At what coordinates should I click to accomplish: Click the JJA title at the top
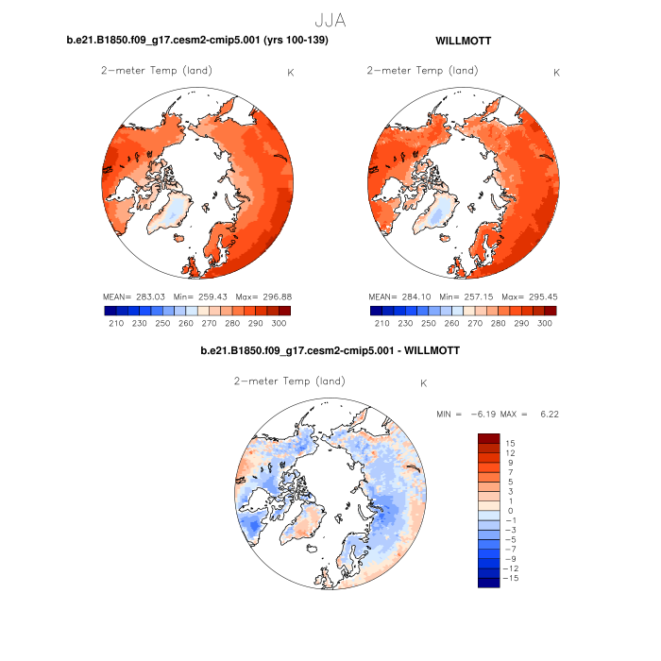pos(330,19)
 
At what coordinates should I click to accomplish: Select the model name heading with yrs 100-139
pos(197,42)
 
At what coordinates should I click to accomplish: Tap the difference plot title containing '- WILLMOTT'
pos(330,351)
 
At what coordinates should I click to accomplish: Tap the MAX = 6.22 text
pos(534,415)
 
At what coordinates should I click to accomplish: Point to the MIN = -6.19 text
pos(466,415)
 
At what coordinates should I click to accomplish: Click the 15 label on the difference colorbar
pos(510,443)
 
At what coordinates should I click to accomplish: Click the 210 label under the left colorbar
pos(117,323)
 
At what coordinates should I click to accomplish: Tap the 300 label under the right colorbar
pos(545,323)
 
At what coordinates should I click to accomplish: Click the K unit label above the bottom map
pos(424,383)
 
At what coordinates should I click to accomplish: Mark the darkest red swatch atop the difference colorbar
pos(488,438)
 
